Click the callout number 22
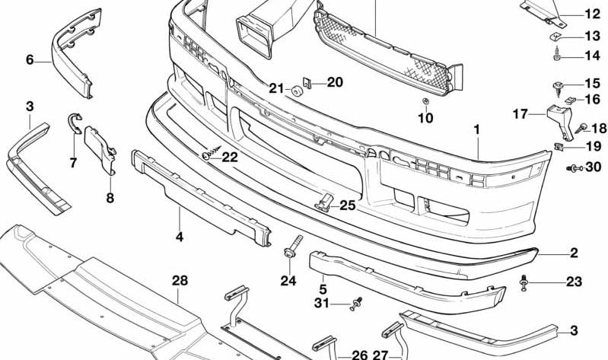click(x=230, y=157)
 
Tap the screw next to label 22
click(x=211, y=152)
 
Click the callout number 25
click(x=348, y=205)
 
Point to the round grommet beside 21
click(x=298, y=91)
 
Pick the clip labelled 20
click(x=307, y=83)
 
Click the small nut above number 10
click(x=425, y=101)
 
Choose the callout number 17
click(x=520, y=114)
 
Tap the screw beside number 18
click(x=580, y=128)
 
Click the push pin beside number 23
click(x=524, y=283)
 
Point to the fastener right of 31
click(x=356, y=304)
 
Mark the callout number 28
click(x=180, y=280)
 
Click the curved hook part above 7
click(x=74, y=120)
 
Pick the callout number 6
click(x=30, y=59)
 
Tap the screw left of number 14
click(x=557, y=53)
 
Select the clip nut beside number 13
click(x=555, y=37)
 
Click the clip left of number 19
click(x=559, y=147)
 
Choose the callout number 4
click(x=179, y=237)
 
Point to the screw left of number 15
click(x=558, y=88)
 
